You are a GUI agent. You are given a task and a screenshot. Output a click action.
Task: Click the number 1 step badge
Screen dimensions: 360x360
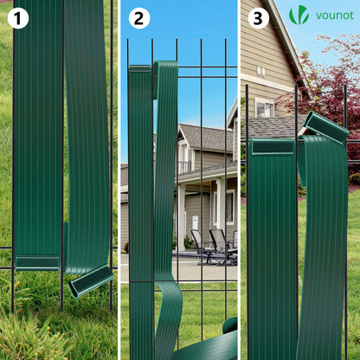pyautogui.click(x=18, y=18)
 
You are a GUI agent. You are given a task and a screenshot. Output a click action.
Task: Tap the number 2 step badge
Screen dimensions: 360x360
pyautogui.click(x=139, y=18)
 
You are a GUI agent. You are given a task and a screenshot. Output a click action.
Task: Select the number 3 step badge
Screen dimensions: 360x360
pyautogui.click(x=258, y=18)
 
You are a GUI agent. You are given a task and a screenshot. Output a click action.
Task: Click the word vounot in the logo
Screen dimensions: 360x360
pyautogui.click(x=335, y=16)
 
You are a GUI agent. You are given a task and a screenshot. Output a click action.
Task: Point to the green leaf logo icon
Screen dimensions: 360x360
pyautogui.click(x=299, y=15)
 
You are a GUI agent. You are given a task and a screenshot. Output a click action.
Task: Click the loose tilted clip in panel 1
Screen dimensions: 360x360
pyautogui.click(x=91, y=281)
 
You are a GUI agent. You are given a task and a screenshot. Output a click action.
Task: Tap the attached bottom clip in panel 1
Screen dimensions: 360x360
pyautogui.click(x=37, y=263)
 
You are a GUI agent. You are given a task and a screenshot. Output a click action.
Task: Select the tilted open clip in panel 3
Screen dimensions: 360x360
pyautogui.click(x=326, y=127)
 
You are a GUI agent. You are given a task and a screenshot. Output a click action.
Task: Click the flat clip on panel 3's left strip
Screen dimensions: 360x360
pyautogui.click(x=273, y=146)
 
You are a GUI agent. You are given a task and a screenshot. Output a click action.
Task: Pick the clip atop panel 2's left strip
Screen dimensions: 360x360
pyautogui.click(x=140, y=69)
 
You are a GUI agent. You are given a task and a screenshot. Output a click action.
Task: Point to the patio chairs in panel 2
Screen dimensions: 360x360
pyautogui.click(x=214, y=247)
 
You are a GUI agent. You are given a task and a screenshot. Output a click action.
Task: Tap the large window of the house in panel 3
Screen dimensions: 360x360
pyautogui.click(x=265, y=108)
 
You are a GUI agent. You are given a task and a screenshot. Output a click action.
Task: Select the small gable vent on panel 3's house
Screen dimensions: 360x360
pyautogui.click(x=260, y=71)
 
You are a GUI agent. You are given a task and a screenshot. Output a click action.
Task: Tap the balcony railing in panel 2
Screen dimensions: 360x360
pyautogui.click(x=183, y=167)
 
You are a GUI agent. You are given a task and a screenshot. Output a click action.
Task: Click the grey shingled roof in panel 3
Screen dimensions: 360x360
pyautogui.click(x=274, y=127)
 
